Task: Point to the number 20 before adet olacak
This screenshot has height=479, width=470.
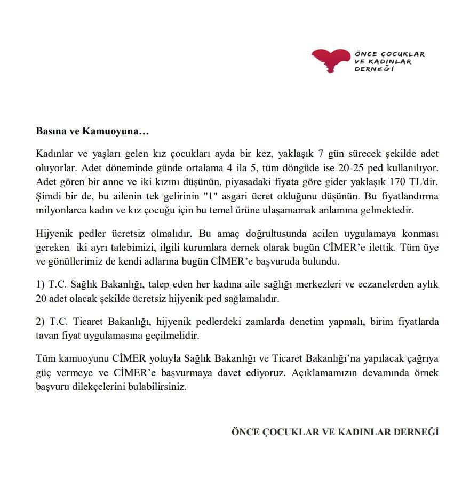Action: (42, 299)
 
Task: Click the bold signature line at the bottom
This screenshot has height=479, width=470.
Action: (334, 432)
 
